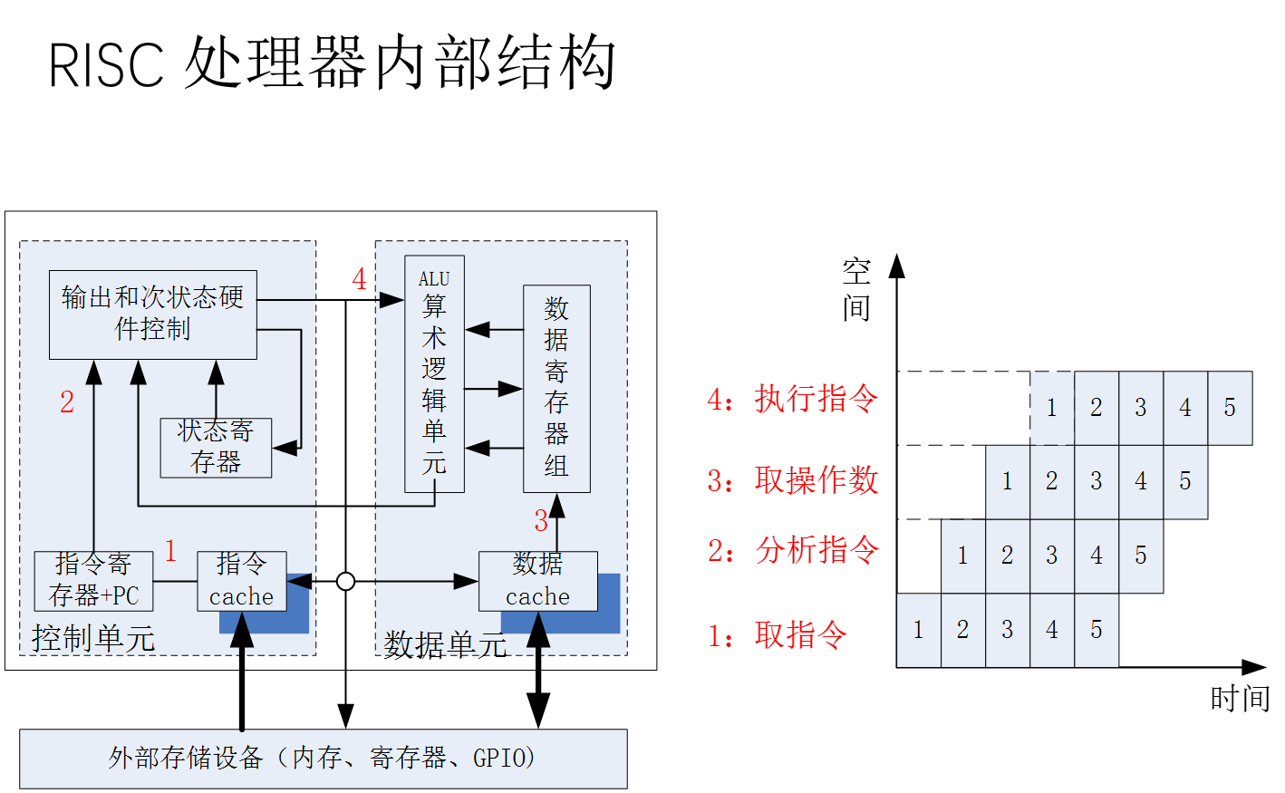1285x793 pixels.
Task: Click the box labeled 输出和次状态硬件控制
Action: [152, 314]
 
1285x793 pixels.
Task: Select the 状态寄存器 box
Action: [216, 447]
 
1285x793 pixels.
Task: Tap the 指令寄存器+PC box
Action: [93, 581]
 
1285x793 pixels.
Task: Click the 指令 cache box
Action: [241, 581]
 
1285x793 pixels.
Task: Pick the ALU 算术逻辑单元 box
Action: [434, 373]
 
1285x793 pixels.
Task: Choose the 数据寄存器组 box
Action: [556, 388]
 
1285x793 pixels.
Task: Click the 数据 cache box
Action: [537, 581]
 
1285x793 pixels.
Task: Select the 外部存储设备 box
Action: [323, 758]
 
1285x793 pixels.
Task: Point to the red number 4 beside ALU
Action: [360, 279]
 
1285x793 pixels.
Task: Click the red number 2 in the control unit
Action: [67, 402]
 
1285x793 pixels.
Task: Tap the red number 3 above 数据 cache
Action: [541, 521]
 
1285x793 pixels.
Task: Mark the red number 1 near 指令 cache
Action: [170, 550]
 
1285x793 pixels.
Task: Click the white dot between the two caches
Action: [345, 581]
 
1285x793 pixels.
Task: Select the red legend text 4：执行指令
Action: [793, 399]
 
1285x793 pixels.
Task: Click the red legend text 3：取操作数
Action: [793, 480]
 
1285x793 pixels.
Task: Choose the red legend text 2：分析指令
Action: [793, 550]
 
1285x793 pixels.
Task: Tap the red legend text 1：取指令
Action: [778, 635]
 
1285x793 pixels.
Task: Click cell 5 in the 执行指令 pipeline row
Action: [1230, 408]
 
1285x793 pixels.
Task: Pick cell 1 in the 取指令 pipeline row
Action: [919, 630]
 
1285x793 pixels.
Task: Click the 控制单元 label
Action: [93, 638]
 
